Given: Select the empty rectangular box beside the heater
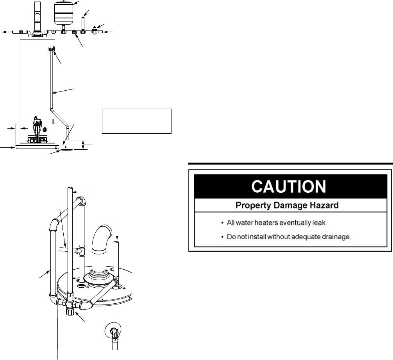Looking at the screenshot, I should tap(137, 121).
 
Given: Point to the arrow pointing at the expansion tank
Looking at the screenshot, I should tap(78, 3).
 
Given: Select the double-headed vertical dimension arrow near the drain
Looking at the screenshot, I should tap(83, 145).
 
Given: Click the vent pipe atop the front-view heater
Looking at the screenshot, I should tap(37, 16).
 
